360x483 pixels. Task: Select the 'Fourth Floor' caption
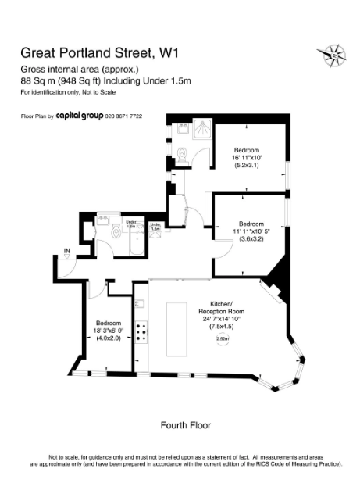185,425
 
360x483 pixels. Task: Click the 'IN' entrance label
67,251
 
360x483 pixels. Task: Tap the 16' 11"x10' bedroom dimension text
246,157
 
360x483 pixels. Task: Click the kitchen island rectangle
173,327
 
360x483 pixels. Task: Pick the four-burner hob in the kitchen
143,333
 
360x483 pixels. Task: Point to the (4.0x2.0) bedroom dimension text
108,338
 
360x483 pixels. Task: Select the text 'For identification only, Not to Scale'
68,93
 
